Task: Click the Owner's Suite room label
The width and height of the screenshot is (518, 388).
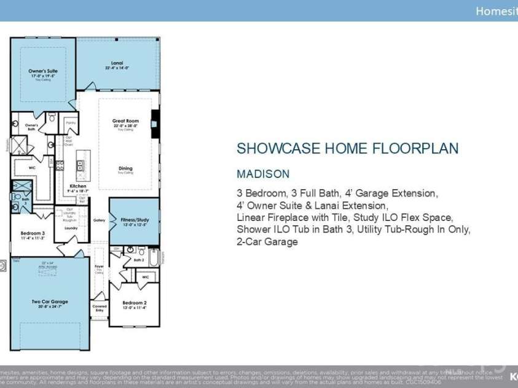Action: (x=43, y=71)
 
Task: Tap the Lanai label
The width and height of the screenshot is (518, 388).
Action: (x=117, y=63)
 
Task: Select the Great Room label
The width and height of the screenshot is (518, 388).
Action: (x=125, y=121)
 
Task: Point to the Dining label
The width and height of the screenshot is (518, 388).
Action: (x=125, y=168)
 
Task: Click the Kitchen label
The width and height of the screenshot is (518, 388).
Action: (x=78, y=186)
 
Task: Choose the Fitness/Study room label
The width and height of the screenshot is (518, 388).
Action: (x=135, y=219)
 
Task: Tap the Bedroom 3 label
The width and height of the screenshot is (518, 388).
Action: (x=33, y=233)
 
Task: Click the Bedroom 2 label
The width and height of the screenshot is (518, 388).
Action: (x=135, y=303)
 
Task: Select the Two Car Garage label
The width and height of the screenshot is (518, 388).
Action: (x=50, y=301)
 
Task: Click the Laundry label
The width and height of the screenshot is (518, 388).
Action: (x=71, y=228)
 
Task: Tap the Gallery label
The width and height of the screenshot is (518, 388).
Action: (x=100, y=220)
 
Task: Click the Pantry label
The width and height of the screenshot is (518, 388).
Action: (x=71, y=123)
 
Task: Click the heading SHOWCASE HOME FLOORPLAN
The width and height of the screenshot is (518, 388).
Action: (x=348, y=149)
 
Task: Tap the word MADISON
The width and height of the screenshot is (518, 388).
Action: (x=263, y=174)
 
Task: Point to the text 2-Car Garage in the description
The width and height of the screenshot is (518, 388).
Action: (x=267, y=242)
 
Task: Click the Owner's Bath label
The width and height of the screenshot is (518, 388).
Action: (x=31, y=126)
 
